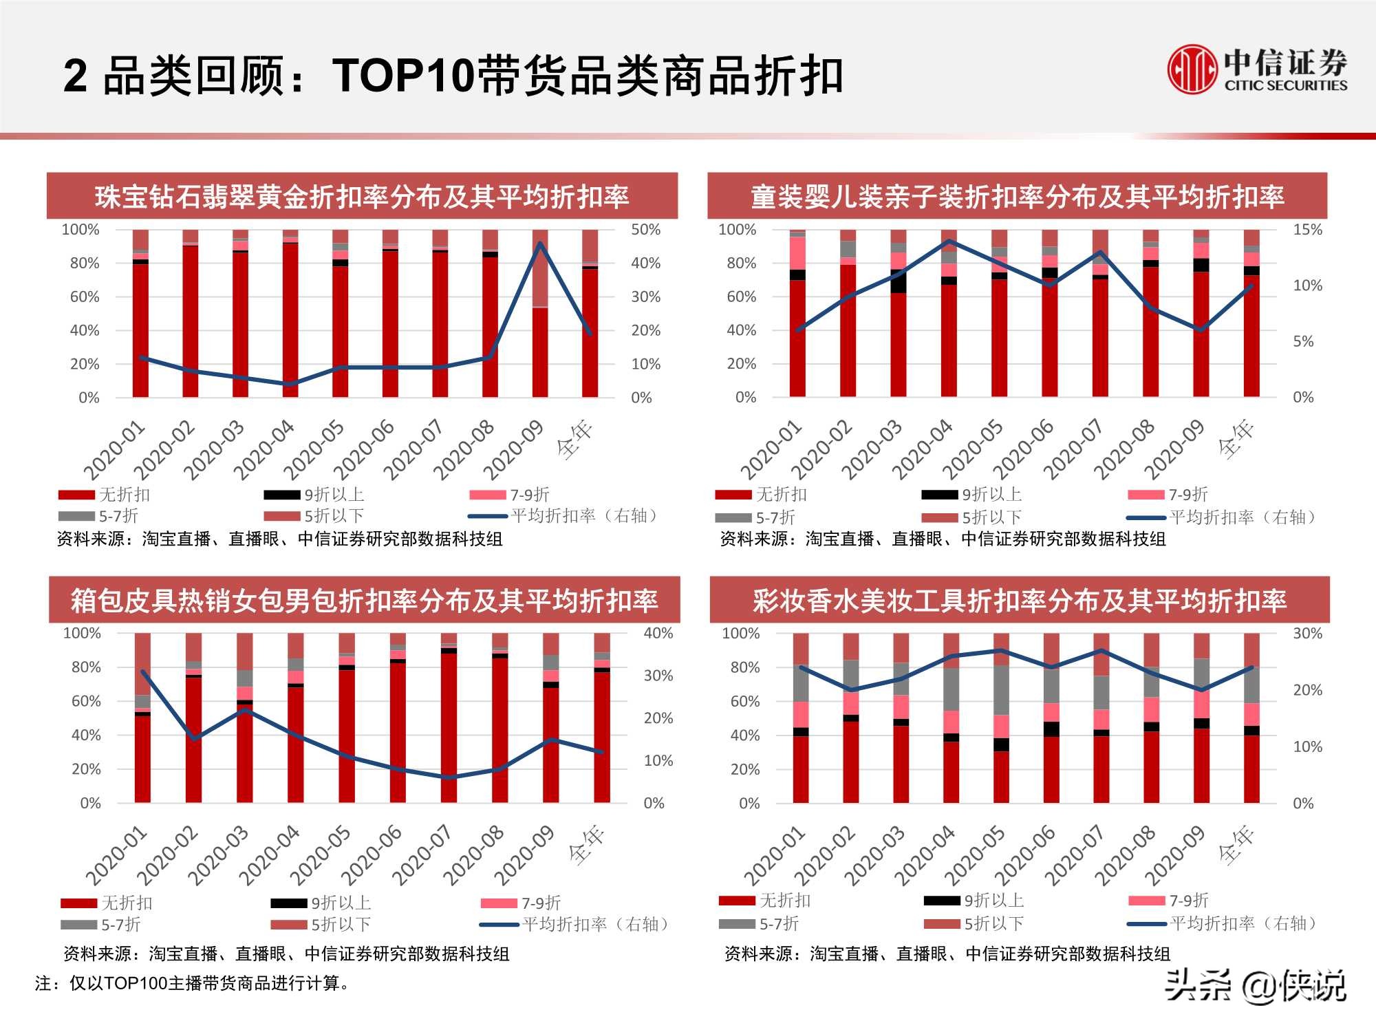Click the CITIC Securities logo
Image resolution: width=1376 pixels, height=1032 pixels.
pyautogui.click(x=1256, y=69)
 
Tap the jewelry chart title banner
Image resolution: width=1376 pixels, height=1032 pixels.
pyautogui.click(x=362, y=196)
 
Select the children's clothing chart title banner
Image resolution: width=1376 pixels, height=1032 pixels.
pyautogui.click(x=1017, y=196)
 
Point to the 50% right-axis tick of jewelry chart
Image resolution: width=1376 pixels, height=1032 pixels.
pyautogui.click(x=645, y=229)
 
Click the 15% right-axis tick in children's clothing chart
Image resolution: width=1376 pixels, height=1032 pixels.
pyautogui.click(x=1307, y=229)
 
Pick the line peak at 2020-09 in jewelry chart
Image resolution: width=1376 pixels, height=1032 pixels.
pyautogui.click(x=540, y=244)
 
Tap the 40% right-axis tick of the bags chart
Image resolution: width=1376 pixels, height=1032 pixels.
pyautogui.click(x=658, y=633)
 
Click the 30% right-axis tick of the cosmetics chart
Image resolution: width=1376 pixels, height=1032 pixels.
pyautogui.click(x=1307, y=633)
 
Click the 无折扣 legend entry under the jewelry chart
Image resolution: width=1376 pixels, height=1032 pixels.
pyautogui.click(x=105, y=494)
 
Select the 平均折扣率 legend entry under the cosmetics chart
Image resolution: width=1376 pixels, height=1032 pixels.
pyautogui.click(x=1221, y=923)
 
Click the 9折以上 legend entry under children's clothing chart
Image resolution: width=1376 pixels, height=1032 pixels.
pyautogui.click(x=971, y=494)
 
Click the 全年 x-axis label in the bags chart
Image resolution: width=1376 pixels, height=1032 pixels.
pyautogui.click(x=586, y=845)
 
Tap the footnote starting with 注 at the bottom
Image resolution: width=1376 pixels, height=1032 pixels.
pyautogui.click(x=193, y=983)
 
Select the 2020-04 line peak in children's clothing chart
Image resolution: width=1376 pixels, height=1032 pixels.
pyautogui.click(x=949, y=241)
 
